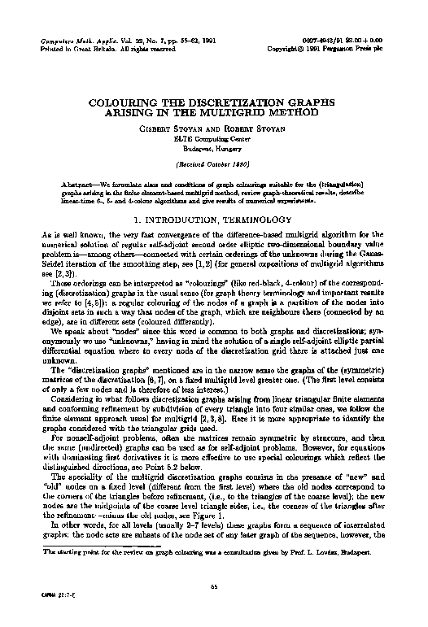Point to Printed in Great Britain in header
click(x=74, y=48)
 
